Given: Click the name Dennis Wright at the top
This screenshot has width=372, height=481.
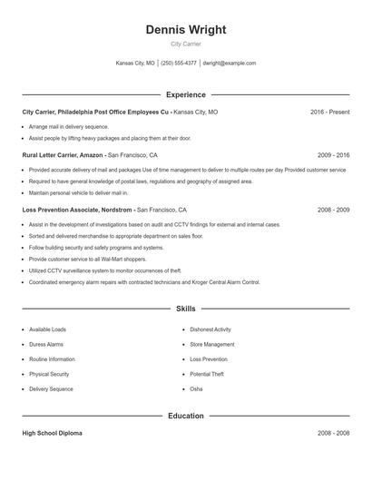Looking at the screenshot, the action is point(186,30).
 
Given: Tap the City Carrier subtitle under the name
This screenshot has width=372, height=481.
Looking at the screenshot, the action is point(186,44).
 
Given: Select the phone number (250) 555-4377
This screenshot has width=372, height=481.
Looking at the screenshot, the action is point(179,64).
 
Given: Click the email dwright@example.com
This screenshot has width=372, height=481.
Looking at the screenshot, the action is point(230,64).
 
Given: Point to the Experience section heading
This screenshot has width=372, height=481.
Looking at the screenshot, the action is point(186,94).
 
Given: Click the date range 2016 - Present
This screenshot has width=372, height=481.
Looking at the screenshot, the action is point(329,112).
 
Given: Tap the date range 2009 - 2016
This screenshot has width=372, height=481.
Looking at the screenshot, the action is point(333,155).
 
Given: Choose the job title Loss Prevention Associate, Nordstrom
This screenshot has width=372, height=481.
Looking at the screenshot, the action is point(77,210).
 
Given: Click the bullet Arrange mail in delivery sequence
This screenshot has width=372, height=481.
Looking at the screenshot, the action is point(68,127).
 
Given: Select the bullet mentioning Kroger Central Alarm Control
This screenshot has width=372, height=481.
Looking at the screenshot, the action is point(144,282).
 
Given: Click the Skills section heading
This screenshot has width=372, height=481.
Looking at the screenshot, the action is point(186,309).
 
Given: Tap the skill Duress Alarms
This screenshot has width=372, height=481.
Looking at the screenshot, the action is point(46,345).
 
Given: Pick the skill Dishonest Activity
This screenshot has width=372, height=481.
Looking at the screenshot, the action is point(210,329).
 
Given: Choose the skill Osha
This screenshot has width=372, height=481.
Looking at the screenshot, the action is point(196,388).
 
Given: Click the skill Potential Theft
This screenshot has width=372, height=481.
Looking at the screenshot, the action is point(207,374).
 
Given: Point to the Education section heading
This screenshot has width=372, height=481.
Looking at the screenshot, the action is point(186,416).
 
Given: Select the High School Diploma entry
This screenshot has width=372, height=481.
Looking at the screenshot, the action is point(52,433).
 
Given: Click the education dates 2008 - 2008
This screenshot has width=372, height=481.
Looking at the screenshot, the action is point(333,433).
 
